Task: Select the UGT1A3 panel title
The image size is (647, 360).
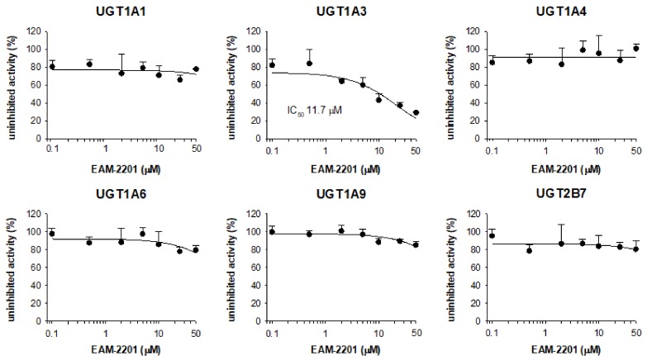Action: [339, 12]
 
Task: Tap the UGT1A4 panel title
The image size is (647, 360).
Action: [555, 12]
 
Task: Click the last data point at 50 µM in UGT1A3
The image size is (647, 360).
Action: [416, 113]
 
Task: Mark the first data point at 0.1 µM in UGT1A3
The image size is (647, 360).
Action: [273, 64]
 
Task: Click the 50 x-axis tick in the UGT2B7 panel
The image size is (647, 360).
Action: [635, 332]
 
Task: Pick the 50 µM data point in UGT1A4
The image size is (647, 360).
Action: [635, 48]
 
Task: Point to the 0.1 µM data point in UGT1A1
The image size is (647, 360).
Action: [52, 66]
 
